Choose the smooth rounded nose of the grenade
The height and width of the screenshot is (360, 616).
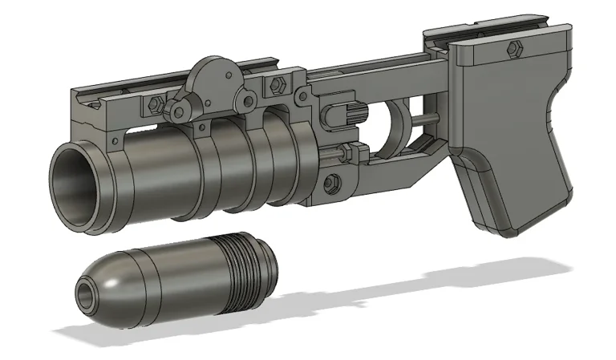[108, 281]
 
